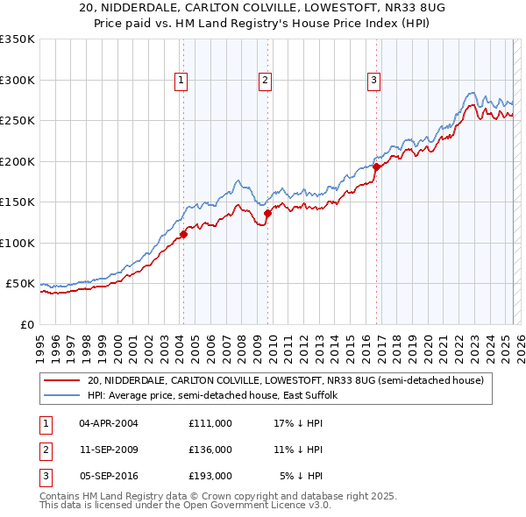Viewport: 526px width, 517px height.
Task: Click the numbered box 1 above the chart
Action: pos(181,81)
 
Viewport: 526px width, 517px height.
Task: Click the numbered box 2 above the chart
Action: pos(265,81)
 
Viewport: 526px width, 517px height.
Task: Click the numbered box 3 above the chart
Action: pos(373,81)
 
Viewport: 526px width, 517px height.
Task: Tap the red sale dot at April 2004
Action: pos(183,234)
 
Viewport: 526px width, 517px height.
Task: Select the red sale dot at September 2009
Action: pos(267,213)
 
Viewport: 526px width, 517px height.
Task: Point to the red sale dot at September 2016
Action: pos(376,166)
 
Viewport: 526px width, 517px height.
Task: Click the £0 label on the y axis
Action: pos(26,324)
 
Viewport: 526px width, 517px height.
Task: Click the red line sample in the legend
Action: pos(61,380)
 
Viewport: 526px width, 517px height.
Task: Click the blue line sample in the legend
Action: pos(61,396)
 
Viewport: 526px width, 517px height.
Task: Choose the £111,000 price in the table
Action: pos(210,422)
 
